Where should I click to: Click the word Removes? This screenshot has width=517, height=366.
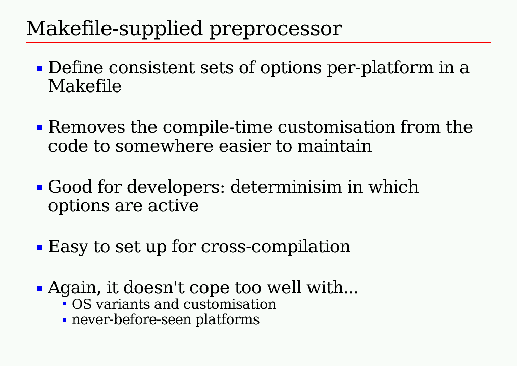[87, 127]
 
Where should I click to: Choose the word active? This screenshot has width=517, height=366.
[173, 206]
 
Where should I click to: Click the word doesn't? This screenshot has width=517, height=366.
[153, 287]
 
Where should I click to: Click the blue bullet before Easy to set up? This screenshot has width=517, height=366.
[39, 247]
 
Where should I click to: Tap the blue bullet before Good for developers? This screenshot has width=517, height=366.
[39, 188]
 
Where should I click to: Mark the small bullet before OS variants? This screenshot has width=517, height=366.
[65, 304]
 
